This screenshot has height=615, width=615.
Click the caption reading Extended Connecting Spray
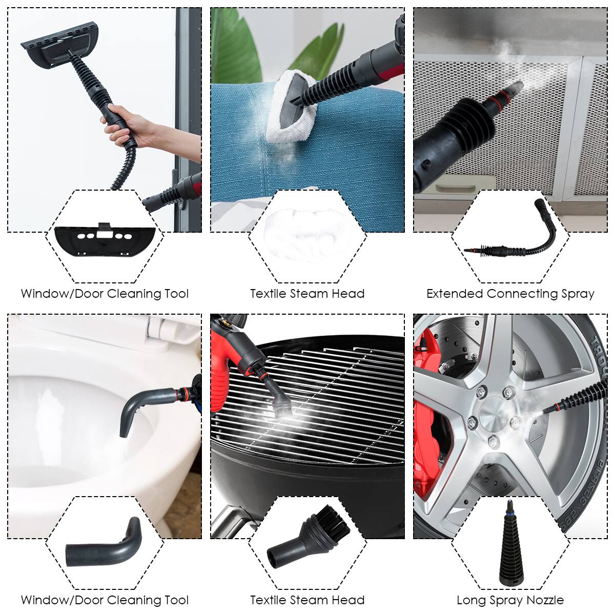tap(510, 294)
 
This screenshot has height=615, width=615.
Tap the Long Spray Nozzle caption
tap(510, 600)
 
